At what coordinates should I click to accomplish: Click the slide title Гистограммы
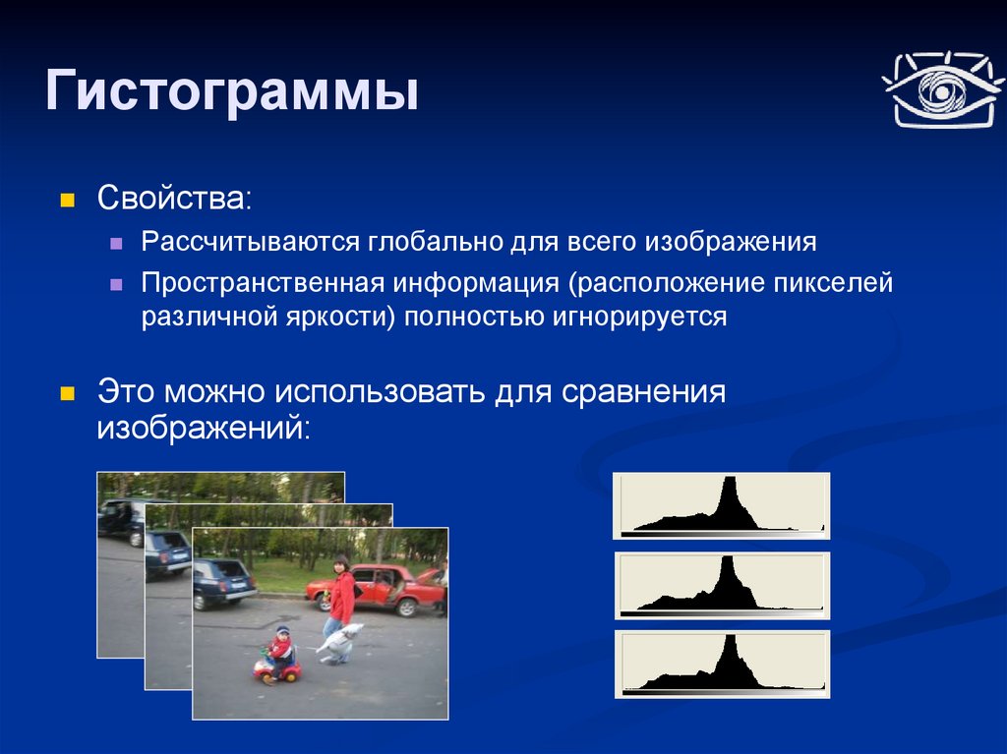pos(232,92)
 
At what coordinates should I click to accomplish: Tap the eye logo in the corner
pos(942,89)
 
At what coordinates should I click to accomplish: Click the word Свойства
pos(171,198)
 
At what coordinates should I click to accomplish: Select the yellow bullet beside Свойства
pos(68,201)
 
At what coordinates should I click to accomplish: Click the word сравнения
pos(643,392)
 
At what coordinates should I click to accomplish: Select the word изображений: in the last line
pos(204,427)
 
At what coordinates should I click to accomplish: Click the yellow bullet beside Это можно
pos(68,393)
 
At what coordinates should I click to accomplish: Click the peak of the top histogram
pos(730,478)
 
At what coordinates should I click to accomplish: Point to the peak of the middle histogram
pos(727,557)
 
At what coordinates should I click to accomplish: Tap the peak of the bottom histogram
pos(730,636)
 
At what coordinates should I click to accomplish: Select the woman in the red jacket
pos(340,598)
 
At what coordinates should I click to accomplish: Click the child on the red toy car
pos(280,651)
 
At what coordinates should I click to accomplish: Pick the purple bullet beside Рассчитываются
pos(116,244)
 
